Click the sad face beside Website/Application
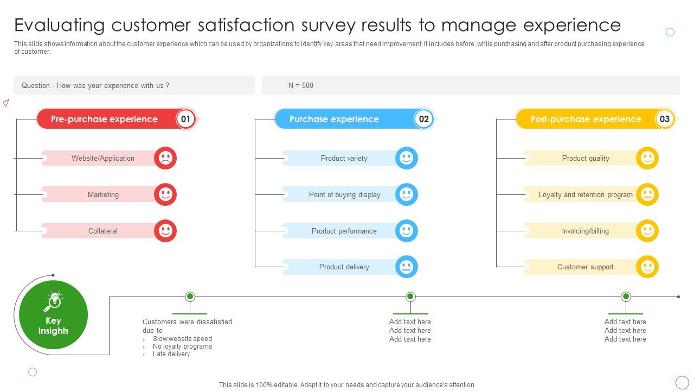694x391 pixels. tap(165, 158)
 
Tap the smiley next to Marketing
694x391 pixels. tap(165, 194)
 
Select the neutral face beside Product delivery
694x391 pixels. tap(407, 267)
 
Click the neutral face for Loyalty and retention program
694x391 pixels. tap(647, 194)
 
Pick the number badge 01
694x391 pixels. tap(185, 119)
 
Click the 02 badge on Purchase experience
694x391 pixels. tap(424, 119)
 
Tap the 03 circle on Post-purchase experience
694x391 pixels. tap(665, 119)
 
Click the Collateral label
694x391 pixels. tap(103, 231)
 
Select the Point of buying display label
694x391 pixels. tap(344, 194)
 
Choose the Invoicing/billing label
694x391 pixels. tap(585, 231)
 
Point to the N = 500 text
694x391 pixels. tap(300, 85)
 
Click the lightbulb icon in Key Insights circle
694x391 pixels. tap(53, 301)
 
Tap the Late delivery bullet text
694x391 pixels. tap(171, 354)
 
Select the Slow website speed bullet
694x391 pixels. tap(183, 338)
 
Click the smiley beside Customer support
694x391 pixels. tap(647, 267)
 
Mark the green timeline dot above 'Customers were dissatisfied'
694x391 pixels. tap(190, 297)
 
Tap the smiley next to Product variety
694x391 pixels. tap(407, 158)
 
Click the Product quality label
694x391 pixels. tap(586, 158)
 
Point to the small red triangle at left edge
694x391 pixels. tap(6, 103)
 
